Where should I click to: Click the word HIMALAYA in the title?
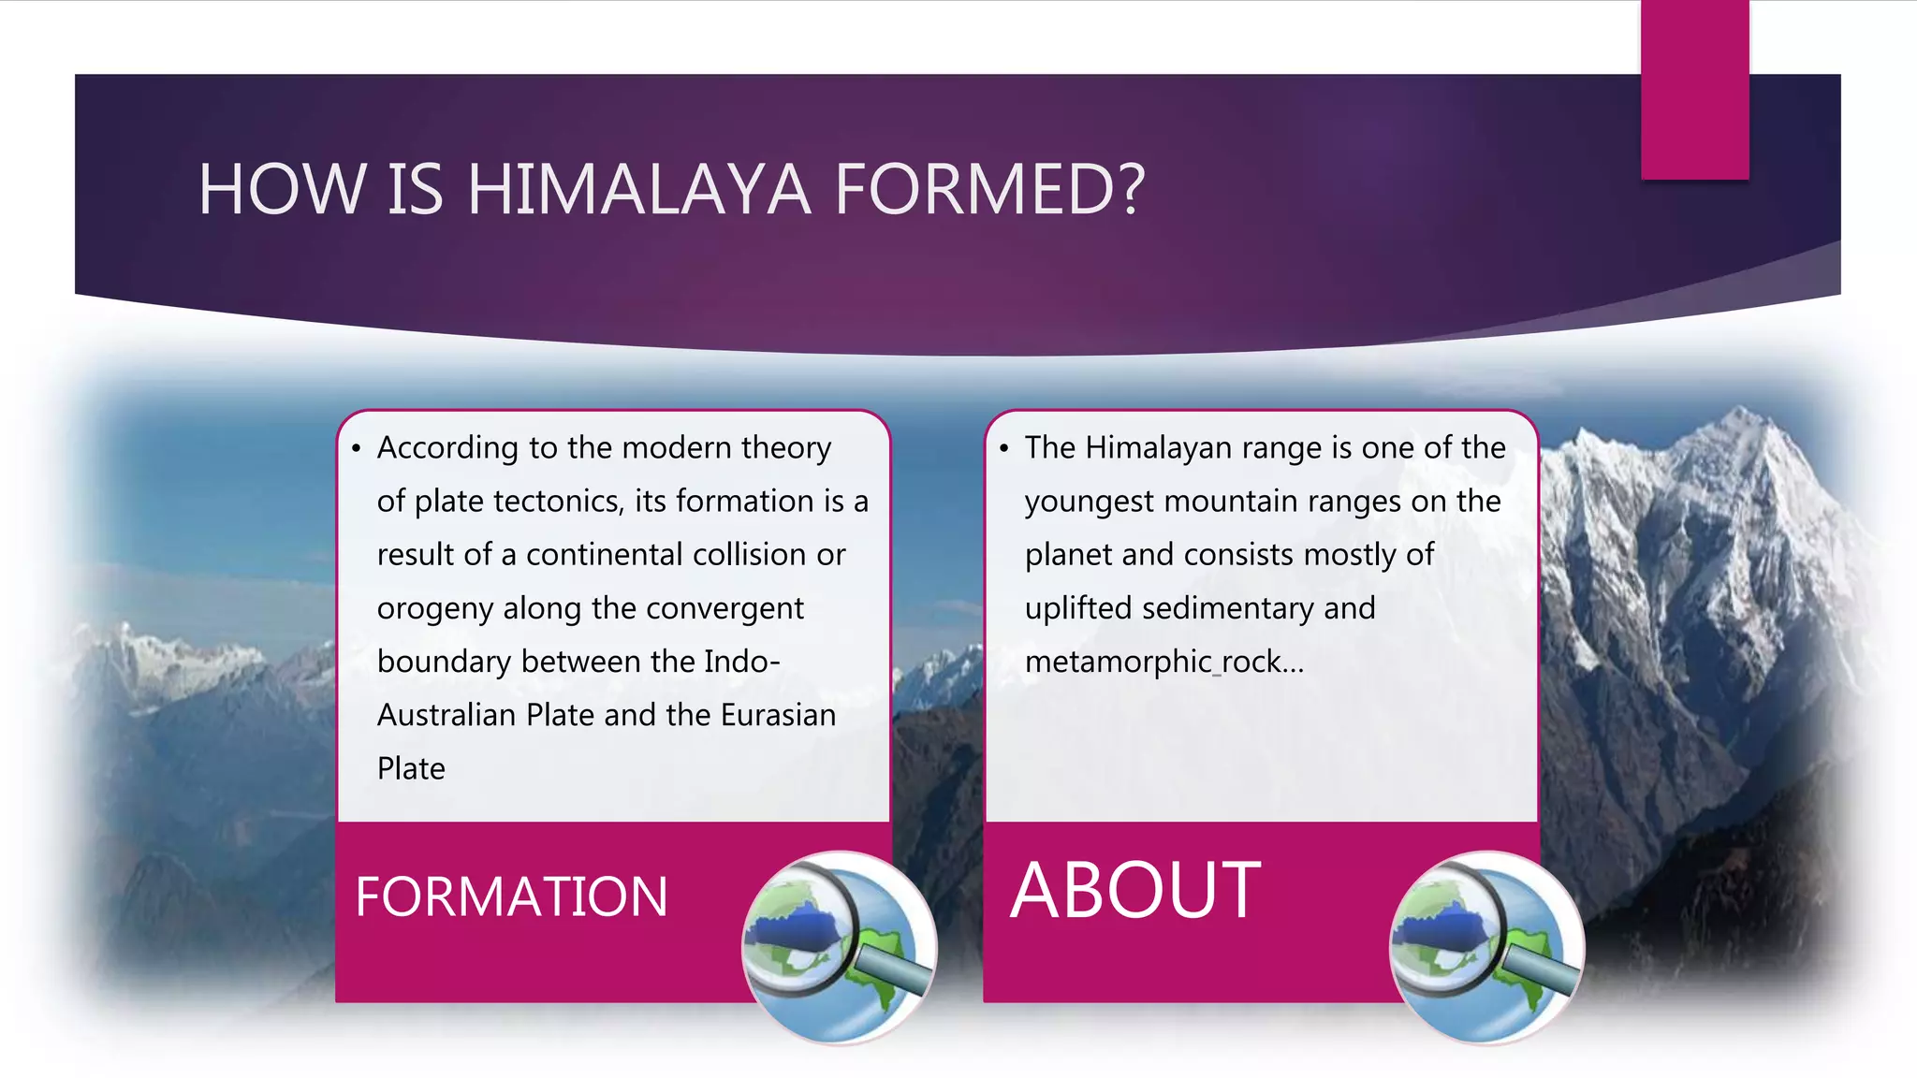tap(638, 190)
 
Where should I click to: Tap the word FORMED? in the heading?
tap(989, 190)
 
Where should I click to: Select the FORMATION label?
tap(511, 896)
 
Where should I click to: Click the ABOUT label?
tap(1135, 891)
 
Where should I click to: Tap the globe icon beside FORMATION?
tap(839, 947)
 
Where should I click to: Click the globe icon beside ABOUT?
tap(1486, 947)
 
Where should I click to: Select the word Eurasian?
tap(778, 716)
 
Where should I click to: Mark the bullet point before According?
tap(356, 449)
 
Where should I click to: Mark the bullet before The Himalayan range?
tap(1003, 449)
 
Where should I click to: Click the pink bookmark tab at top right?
tap(1694, 90)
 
